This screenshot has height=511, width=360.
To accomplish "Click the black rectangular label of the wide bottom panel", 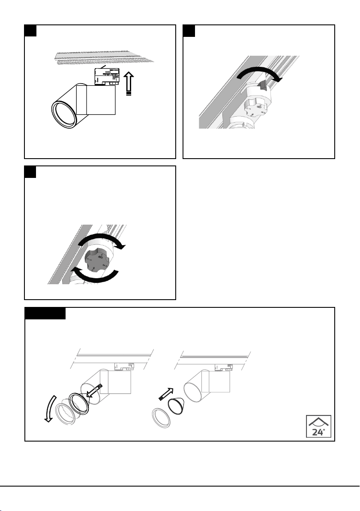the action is [x=45, y=313].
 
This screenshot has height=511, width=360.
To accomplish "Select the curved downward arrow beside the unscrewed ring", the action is [x=50, y=405].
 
